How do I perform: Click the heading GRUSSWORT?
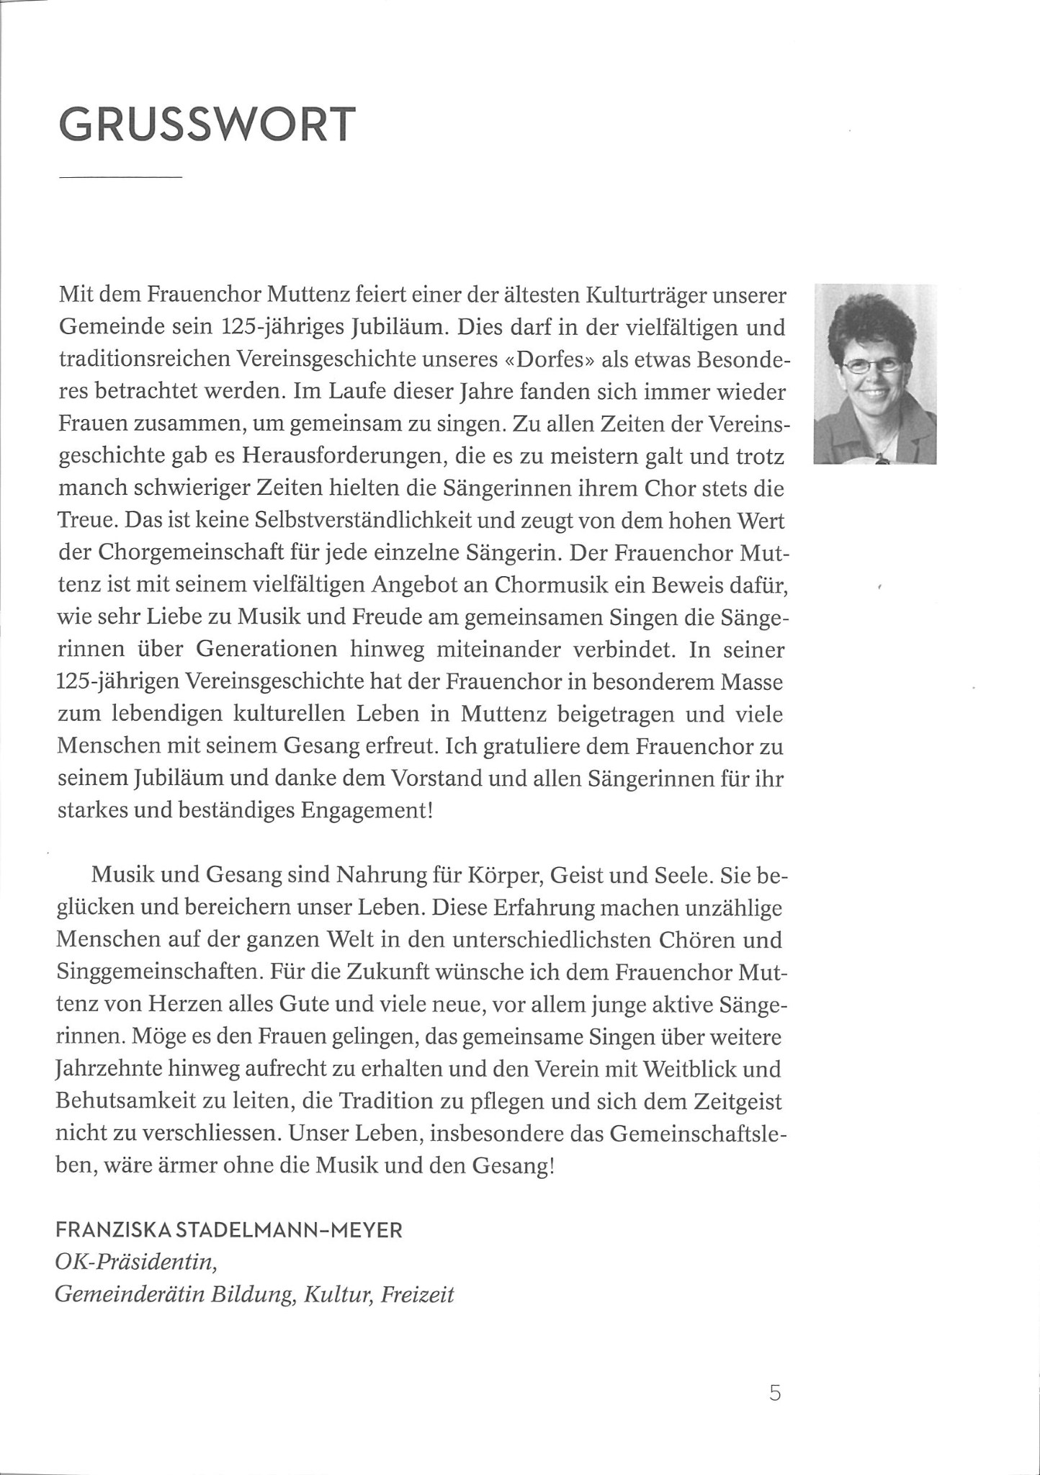click(207, 125)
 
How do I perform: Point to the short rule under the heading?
click(120, 176)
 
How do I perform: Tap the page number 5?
click(775, 1393)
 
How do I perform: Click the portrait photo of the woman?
click(874, 375)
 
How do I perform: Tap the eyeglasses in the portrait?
click(871, 364)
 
